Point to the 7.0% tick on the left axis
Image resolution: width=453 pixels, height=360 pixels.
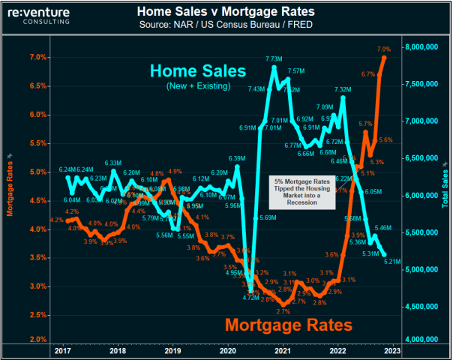pos(38,58)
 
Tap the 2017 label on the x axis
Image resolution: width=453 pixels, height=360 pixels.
pos(62,351)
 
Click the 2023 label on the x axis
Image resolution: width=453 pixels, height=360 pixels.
pos(392,351)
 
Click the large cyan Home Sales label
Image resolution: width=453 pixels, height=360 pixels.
pos(198,72)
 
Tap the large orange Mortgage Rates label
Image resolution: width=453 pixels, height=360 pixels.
pos(289,325)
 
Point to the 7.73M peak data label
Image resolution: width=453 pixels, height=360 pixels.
pos(273,58)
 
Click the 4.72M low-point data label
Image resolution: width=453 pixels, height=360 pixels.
pos(250,298)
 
